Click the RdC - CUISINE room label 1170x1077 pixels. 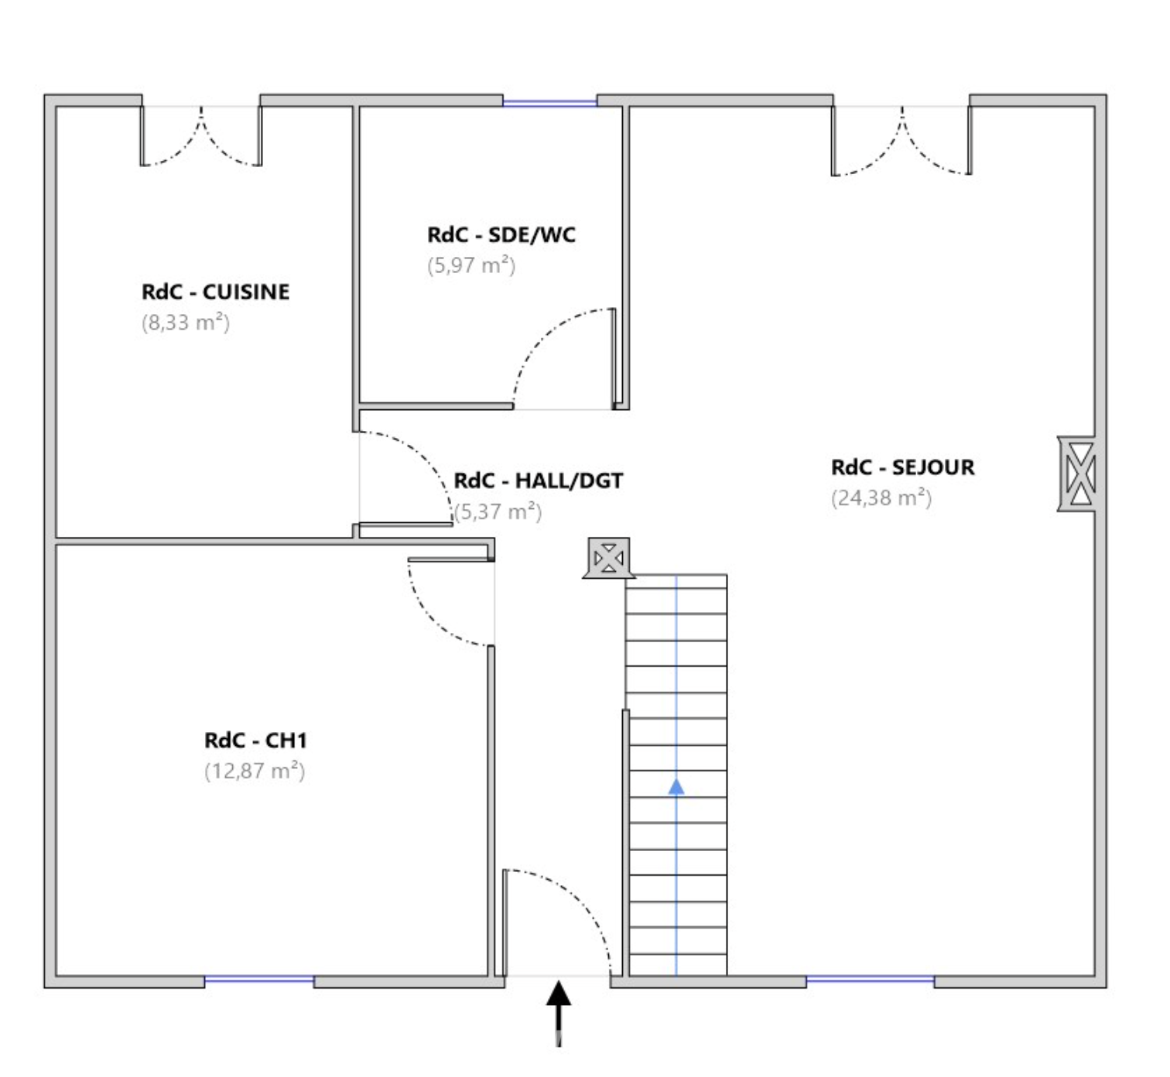click(216, 292)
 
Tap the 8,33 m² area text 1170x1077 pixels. click(186, 322)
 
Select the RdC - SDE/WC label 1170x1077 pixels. click(501, 234)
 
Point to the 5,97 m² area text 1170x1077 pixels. click(471, 265)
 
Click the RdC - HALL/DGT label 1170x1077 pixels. click(539, 480)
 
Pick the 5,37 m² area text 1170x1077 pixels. click(498, 511)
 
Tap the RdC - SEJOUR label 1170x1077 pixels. click(903, 467)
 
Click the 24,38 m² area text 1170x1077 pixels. click(881, 498)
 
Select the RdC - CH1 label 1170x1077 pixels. click(255, 740)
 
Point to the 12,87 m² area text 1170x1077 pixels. click(255, 771)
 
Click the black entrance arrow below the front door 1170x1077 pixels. click(559, 1014)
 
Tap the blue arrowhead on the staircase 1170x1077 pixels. click(676, 787)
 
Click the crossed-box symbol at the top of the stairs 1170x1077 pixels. click(609, 559)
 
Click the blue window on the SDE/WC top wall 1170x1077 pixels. click(549, 103)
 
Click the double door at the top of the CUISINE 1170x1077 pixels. click(201, 136)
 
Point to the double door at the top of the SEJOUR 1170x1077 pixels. click(901, 140)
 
